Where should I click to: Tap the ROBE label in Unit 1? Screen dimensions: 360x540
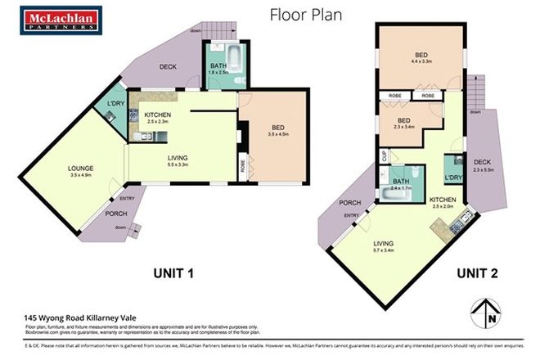coord(243,164)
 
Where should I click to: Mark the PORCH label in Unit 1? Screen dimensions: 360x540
coord(115,214)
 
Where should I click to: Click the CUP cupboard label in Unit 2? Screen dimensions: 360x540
coord(383,154)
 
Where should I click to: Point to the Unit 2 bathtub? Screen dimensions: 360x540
coord(393,196)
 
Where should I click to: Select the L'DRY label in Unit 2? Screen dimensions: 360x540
coord(451,178)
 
